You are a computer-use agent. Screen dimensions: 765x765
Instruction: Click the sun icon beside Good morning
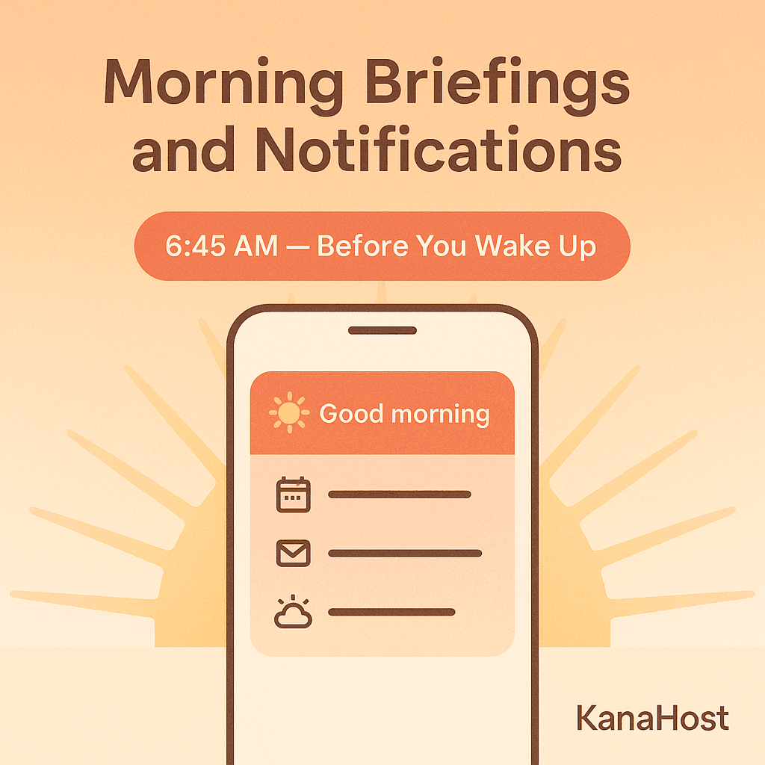pyautogui.click(x=288, y=413)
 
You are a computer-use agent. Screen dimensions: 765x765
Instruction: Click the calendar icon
pyautogui.click(x=293, y=495)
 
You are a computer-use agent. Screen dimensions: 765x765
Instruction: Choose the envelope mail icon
pyautogui.click(x=293, y=554)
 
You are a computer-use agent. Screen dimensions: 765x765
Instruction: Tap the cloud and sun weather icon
pyautogui.click(x=293, y=612)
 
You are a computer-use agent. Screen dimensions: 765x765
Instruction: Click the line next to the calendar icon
pyautogui.click(x=400, y=495)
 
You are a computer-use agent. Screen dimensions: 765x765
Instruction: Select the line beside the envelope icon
pyautogui.click(x=405, y=554)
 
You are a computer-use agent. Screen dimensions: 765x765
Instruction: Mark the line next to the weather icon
pyautogui.click(x=391, y=612)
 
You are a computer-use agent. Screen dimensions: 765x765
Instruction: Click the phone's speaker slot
pyautogui.click(x=382, y=330)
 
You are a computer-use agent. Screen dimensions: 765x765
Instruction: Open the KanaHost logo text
pyautogui.click(x=652, y=719)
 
